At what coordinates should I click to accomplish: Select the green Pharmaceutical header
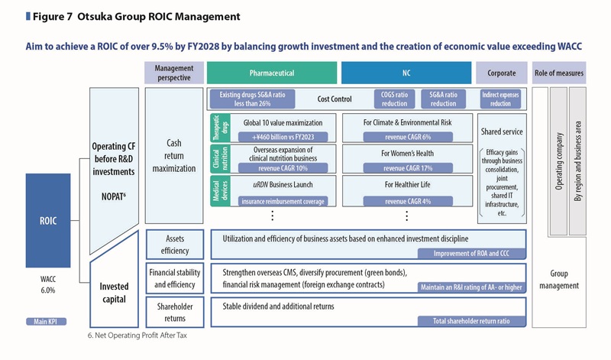(x=272, y=73)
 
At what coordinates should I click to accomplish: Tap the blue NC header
(x=406, y=73)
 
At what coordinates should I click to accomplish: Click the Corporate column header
(x=501, y=73)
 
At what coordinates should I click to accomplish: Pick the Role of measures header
(x=559, y=73)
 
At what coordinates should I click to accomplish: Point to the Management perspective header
(x=173, y=73)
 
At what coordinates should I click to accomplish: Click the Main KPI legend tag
(x=42, y=322)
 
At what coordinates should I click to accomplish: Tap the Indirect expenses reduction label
(x=501, y=99)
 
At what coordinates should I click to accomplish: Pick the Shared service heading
(x=501, y=131)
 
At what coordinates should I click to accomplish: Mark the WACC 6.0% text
(x=48, y=284)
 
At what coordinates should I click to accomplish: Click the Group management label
(x=559, y=280)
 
